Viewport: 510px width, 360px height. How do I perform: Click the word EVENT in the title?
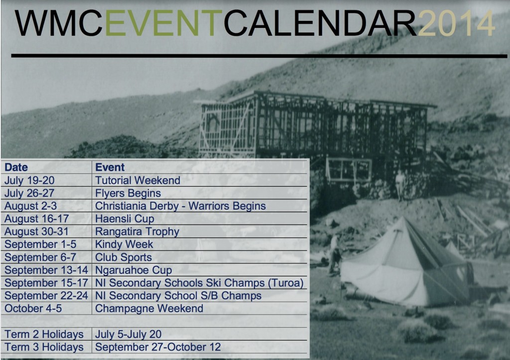(x=164, y=24)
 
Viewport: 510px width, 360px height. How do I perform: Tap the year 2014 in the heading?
(x=456, y=24)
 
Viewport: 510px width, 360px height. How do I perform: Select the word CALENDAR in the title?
(x=319, y=24)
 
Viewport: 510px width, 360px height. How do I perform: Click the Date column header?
(x=16, y=167)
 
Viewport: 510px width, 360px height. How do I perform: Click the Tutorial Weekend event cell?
(x=137, y=180)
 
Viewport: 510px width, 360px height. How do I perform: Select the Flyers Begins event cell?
(x=128, y=193)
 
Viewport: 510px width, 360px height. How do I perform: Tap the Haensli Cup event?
(x=125, y=219)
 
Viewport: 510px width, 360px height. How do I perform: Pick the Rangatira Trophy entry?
(x=137, y=232)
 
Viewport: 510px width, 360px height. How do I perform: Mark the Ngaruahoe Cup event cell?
(x=133, y=270)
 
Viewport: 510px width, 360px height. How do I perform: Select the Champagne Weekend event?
(x=149, y=308)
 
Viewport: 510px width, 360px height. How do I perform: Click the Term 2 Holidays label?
(x=44, y=334)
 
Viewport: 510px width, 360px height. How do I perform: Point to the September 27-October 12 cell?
(x=158, y=347)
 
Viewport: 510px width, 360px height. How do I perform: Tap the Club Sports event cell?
(x=124, y=257)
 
